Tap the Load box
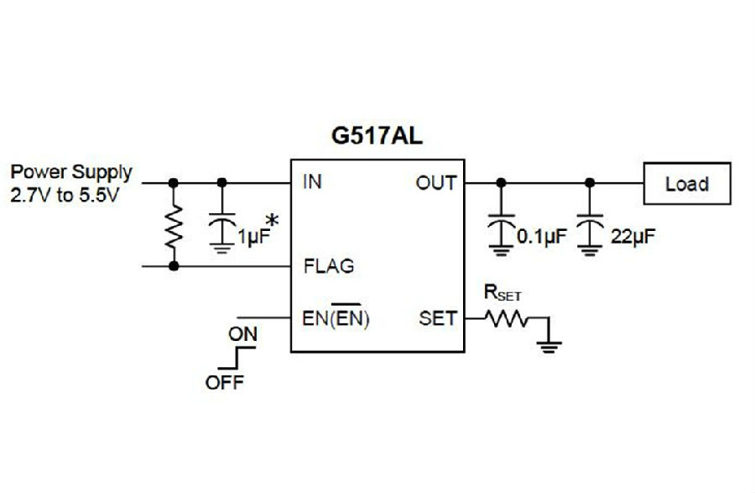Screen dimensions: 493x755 pyautogui.click(x=687, y=183)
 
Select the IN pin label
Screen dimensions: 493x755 pyautogui.click(x=312, y=181)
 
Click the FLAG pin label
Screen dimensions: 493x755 pyautogui.click(x=329, y=267)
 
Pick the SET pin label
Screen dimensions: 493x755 pyautogui.click(x=438, y=318)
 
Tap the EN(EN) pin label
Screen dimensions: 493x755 pyautogui.click(x=336, y=319)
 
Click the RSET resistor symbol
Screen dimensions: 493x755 pyautogui.click(x=505, y=318)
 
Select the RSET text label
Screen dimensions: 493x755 pyautogui.click(x=502, y=293)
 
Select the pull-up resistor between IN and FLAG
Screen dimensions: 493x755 pyautogui.click(x=174, y=224)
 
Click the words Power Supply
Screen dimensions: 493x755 pyautogui.click(x=71, y=172)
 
